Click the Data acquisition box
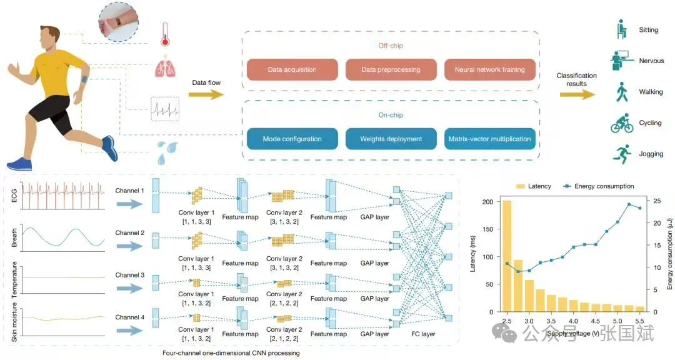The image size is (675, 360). pyautogui.click(x=292, y=70)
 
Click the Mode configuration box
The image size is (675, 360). pyautogui.click(x=292, y=139)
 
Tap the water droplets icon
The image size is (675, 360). pyautogui.click(x=164, y=150)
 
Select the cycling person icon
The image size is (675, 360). pyautogui.click(x=622, y=122)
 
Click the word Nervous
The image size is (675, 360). pyautogui.click(x=651, y=61)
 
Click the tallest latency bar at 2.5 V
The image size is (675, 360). pyautogui.click(x=507, y=256)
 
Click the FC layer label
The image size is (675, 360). pyautogui.click(x=423, y=334)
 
